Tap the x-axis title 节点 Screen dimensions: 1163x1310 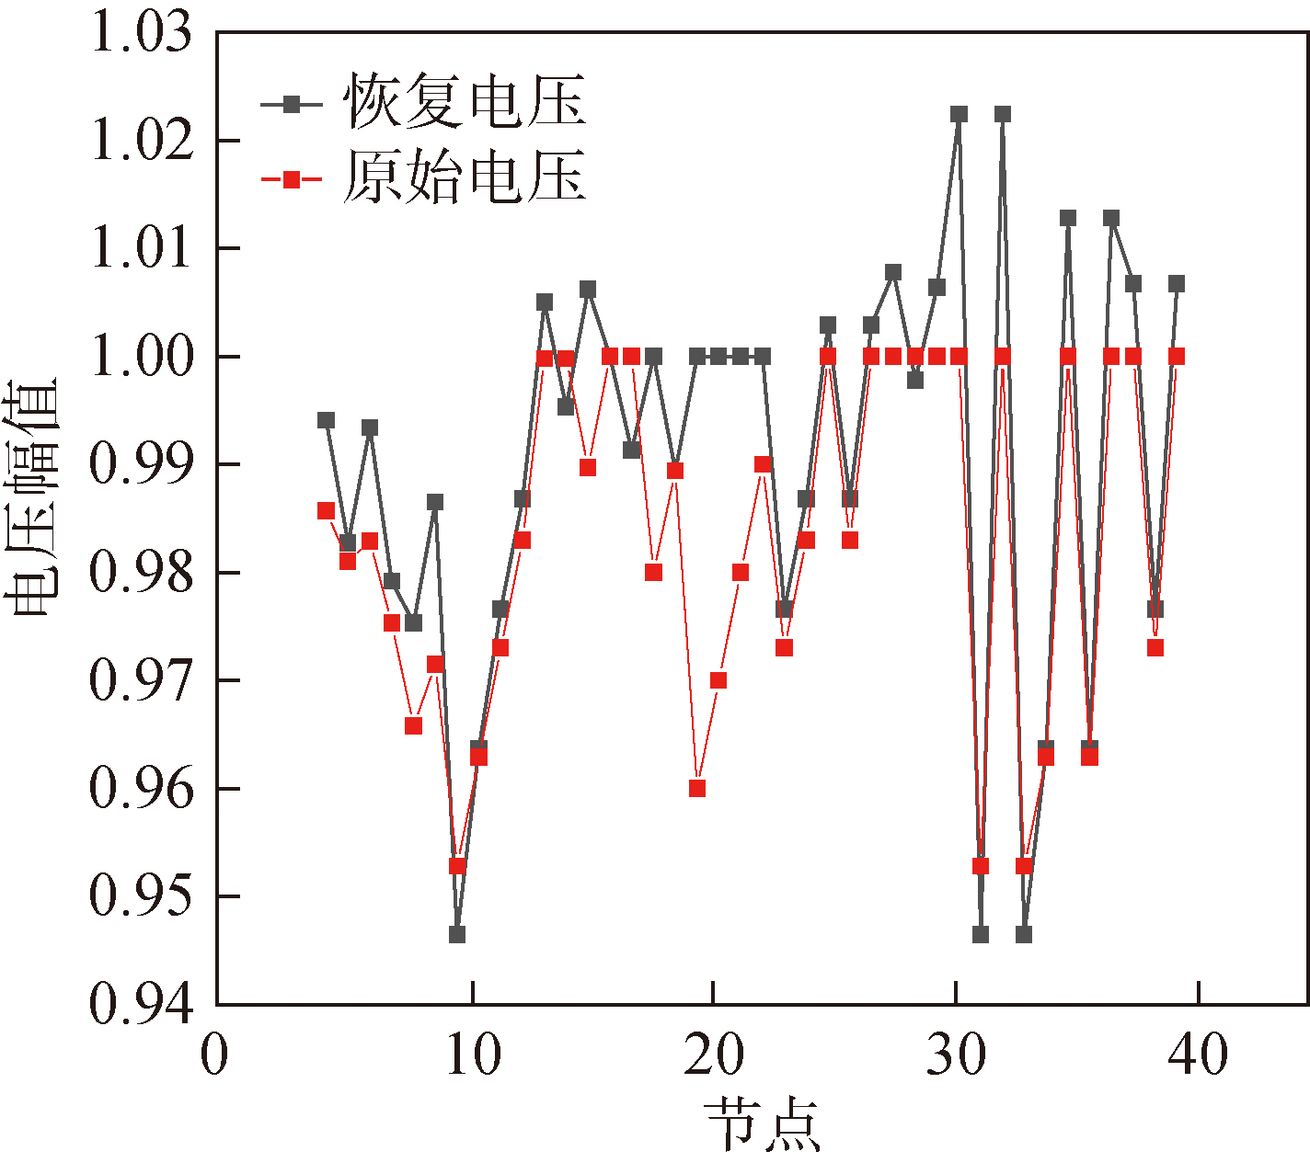coord(762,1123)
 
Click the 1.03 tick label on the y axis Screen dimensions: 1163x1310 coord(143,33)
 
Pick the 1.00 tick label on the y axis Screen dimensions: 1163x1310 coord(143,357)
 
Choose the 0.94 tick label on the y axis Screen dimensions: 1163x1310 coord(143,1004)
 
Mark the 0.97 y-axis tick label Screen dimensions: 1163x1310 coord(143,681)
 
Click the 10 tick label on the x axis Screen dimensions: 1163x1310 coord(473,1055)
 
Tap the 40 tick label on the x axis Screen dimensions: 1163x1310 coord(1198,1055)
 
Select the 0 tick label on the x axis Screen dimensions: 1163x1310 coord(214,1055)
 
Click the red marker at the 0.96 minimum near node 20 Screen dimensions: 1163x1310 coord(697,788)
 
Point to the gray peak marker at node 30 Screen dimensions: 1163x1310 coord(959,114)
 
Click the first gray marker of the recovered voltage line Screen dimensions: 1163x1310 coord(326,420)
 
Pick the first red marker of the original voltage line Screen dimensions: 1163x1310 coord(326,510)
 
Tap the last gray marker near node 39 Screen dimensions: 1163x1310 coord(1176,284)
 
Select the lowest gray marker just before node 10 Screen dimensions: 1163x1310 coord(457,934)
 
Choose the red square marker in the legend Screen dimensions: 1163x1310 coord(292,179)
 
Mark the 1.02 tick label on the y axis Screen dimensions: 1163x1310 coord(143,142)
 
